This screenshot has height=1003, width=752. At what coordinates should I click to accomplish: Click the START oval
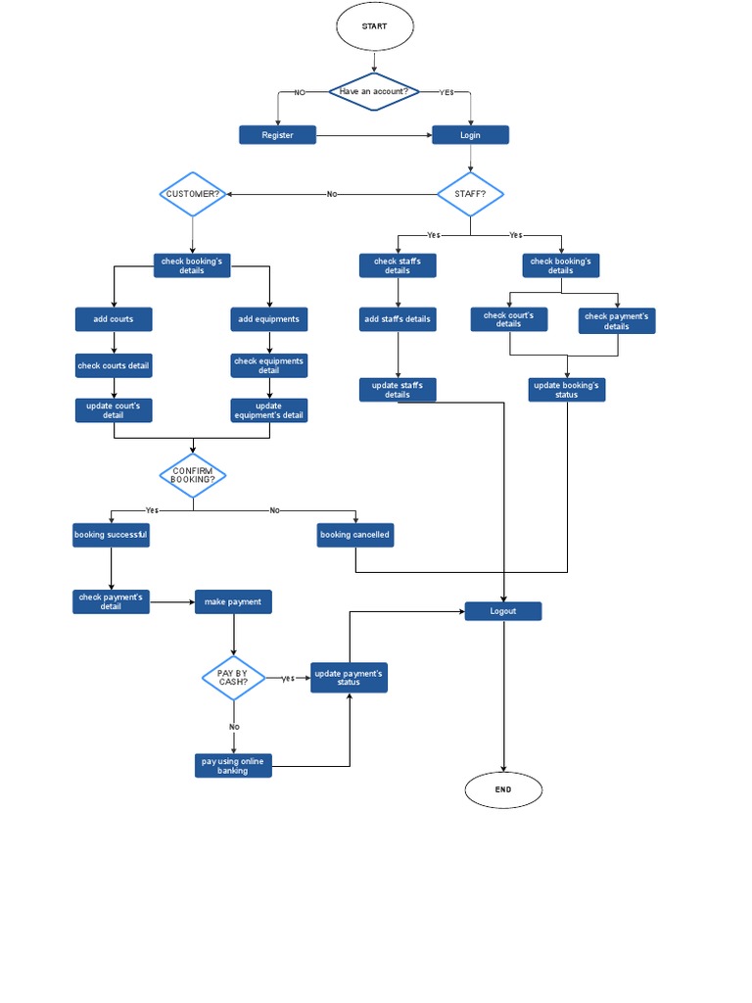(x=375, y=26)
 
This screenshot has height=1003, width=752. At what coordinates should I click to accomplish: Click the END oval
(x=503, y=789)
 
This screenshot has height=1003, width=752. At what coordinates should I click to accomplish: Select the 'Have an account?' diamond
(x=374, y=92)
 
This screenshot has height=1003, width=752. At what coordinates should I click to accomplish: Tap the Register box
(x=277, y=135)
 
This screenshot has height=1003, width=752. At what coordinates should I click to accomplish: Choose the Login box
(x=470, y=135)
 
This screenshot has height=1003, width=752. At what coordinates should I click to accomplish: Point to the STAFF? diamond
(x=470, y=194)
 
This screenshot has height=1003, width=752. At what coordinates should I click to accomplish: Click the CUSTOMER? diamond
(x=193, y=194)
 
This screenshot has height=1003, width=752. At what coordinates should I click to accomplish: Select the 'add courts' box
(x=114, y=319)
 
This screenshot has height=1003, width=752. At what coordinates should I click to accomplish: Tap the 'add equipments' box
(x=269, y=319)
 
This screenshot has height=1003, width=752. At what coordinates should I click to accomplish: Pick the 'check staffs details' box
(x=398, y=265)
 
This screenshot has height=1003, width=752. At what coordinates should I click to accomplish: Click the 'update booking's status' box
(x=566, y=390)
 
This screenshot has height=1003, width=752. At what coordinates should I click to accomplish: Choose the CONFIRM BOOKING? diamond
(x=193, y=476)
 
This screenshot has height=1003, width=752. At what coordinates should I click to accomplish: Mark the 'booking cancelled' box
(x=355, y=535)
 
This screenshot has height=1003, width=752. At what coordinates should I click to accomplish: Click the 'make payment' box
(x=233, y=602)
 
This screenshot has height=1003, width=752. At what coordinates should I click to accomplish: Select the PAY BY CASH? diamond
(x=233, y=678)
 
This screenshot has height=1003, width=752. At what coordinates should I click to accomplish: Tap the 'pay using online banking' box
(x=233, y=766)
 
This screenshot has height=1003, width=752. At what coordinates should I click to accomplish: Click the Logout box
(x=503, y=611)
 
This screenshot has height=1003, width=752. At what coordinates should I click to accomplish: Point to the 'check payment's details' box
(x=617, y=321)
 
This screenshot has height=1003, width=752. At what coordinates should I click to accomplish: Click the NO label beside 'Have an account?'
(x=300, y=92)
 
